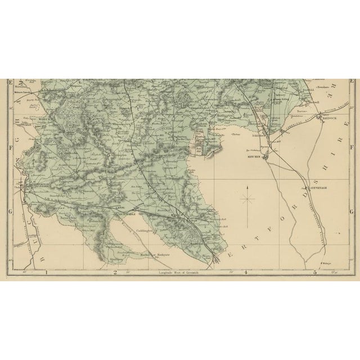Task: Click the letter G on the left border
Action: click(10, 211)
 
